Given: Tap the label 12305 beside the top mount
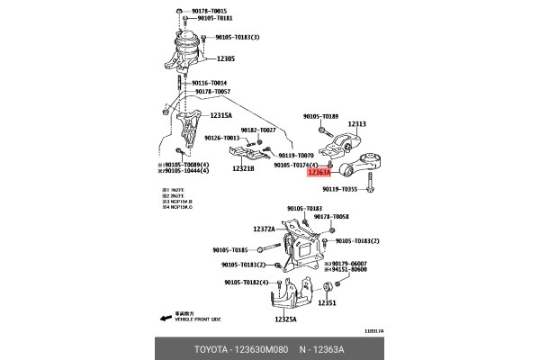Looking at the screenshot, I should point(225,58).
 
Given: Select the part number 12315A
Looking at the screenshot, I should point(221,116).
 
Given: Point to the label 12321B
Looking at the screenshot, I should point(243,168).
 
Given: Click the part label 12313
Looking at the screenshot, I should point(357,123).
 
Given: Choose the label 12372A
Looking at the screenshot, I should point(264,229).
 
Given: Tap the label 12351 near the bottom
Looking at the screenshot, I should point(325,302).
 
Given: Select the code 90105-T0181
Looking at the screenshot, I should point(212,18).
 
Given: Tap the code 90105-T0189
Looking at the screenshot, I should point(320,117).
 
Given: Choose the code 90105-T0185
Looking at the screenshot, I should point(229,249).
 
